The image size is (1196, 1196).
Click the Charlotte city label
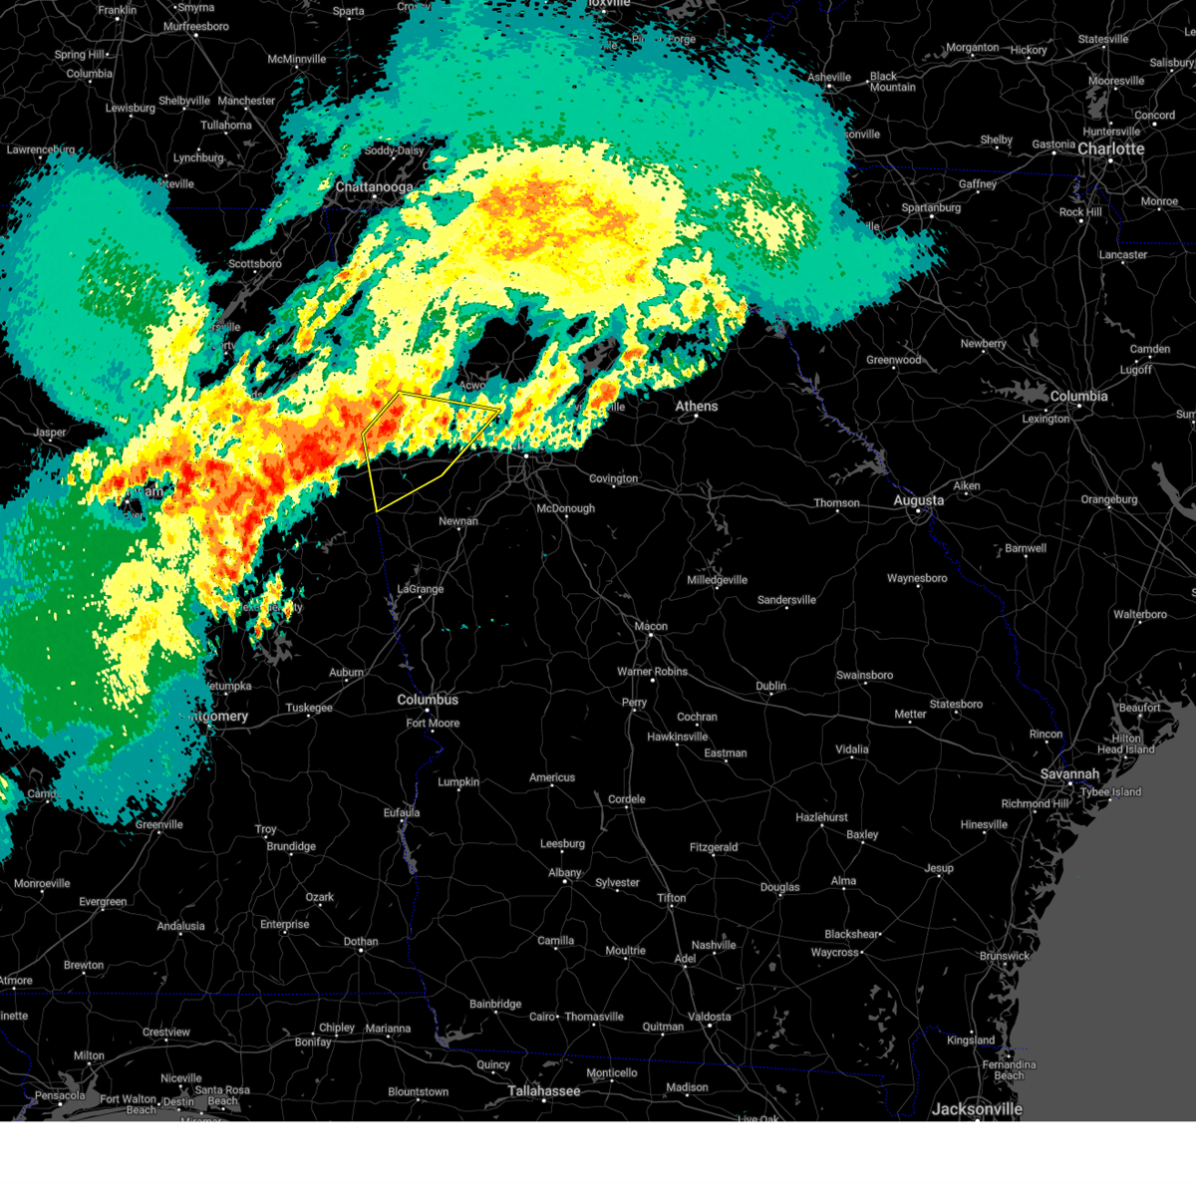[x=1110, y=149]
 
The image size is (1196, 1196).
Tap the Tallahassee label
[x=543, y=1090]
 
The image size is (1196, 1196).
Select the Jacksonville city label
[x=977, y=1108]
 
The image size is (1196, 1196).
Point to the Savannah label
[x=1069, y=773]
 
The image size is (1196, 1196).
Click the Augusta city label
[x=918, y=500]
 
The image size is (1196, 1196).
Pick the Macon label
[x=651, y=626]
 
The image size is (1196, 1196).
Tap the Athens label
[x=696, y=406]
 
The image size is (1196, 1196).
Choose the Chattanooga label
[x=374, y=187]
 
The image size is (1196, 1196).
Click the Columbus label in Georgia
[x=428, y=700]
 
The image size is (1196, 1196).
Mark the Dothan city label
[x=361, y=941]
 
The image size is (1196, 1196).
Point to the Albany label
[x=564, y=873]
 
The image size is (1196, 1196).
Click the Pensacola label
[x=60, y=1095]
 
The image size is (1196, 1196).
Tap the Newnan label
[x=458, y=521]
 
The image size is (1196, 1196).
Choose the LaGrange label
[x=421, y=589]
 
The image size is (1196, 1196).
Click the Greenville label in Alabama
[x=159, y=824]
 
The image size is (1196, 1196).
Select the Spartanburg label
[x=931, y=207]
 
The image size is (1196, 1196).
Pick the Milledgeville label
[x=717, y=580]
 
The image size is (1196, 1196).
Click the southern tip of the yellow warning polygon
[x=377, y=511]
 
